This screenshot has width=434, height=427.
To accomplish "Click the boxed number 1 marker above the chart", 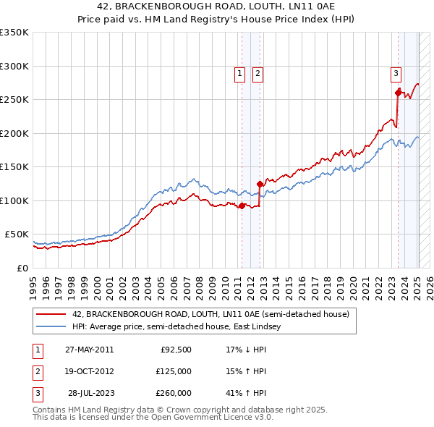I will [x=239, y=72].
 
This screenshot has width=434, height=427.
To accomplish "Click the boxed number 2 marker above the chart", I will [x=258, y=72].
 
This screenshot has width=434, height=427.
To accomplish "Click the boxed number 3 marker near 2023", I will [x=396, y=72].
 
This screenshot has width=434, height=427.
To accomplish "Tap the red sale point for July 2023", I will [x=399, y=92].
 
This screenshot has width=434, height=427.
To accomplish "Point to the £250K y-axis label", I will [x=14, y=99].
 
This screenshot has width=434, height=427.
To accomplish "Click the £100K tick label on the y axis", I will [x=14, y=200].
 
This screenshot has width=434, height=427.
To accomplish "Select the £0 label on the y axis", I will [x=24, y=268].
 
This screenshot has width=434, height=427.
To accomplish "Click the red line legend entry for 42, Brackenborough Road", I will [x=210, y=314].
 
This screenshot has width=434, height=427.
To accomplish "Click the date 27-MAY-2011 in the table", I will [x=89, y=350].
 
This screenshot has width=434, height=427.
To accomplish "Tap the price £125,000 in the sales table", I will [x=174, y=371].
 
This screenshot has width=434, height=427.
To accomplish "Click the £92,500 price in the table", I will [x=176, y=350].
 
